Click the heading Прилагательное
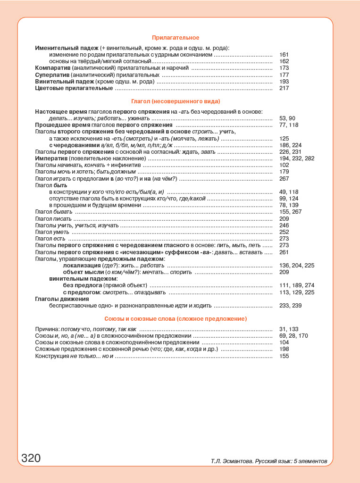176,38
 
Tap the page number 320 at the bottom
31,458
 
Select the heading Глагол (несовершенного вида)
176,101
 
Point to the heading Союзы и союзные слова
176,319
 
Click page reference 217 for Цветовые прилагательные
284,88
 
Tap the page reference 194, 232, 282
297,158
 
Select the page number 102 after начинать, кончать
284,165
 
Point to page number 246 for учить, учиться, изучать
284,225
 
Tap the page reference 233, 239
290,306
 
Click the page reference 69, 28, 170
293,336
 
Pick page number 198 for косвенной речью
284,349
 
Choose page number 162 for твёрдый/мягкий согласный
284,61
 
